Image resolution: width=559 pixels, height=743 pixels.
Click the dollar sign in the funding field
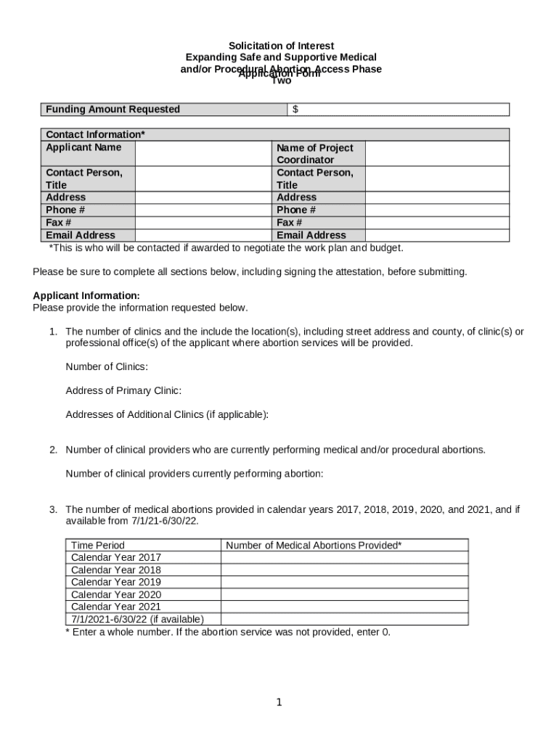295,110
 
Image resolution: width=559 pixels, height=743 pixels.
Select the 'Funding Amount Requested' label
113,110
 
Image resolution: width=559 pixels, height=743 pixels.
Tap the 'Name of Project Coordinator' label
314,154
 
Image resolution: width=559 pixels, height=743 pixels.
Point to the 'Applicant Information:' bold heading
86,296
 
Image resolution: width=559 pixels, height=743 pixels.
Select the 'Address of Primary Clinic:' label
123,391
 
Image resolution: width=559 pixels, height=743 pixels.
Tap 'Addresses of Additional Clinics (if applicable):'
167,415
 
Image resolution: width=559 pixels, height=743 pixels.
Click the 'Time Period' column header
98,546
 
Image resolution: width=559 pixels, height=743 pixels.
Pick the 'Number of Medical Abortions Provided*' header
314,546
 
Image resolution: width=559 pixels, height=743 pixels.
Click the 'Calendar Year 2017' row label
116,558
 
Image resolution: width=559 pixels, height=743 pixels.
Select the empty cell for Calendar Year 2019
344,582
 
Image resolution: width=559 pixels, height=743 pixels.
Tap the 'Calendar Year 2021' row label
116,607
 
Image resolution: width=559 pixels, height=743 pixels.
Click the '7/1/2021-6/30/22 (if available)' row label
137,619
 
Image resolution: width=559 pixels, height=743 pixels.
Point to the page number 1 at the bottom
279,702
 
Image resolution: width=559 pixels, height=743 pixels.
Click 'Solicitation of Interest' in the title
281,46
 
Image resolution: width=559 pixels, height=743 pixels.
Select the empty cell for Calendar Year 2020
344,594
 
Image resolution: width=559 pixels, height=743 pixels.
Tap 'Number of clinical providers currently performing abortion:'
195,475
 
